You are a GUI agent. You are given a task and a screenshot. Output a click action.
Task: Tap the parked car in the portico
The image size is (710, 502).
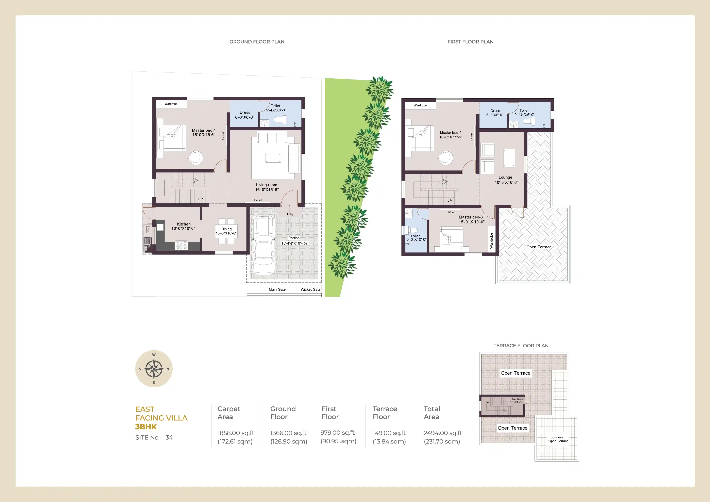coord(264,246)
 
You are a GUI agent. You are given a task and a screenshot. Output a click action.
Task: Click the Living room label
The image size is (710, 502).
coord(267,185)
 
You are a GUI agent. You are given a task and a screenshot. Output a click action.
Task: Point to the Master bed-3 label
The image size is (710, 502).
coord(471,217)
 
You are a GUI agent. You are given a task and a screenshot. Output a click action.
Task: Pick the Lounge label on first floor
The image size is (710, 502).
coord(505,178)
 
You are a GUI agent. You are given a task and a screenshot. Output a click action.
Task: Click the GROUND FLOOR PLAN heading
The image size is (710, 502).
coord(257,42)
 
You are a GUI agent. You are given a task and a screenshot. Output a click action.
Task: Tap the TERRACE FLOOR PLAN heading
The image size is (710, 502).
coord(521,346)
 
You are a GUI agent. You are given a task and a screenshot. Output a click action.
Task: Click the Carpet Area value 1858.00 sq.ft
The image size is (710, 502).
coord(236,433)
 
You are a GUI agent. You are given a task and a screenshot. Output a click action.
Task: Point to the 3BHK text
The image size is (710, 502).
coord(146,427)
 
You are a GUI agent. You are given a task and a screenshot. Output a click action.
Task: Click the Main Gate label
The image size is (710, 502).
coord(277,289)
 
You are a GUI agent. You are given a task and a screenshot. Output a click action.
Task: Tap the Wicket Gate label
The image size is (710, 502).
coord(310,289)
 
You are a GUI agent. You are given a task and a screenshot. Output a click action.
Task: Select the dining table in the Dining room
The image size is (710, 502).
coord(226,231)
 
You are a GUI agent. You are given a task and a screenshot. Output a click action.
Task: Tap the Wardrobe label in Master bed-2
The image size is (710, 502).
coord(420,105)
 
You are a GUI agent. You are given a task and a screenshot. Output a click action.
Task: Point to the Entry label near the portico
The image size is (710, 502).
coord(290,214)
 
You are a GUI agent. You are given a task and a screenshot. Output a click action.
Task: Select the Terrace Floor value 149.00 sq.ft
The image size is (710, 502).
coord(389,433)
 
